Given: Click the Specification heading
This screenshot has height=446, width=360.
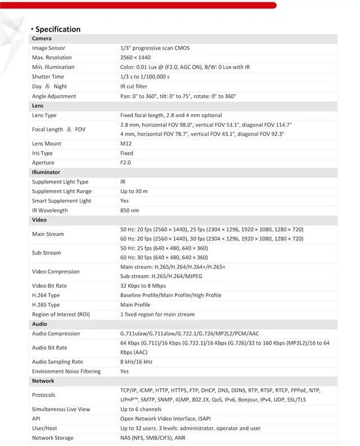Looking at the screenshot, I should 57,29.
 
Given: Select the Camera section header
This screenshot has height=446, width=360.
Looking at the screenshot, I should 42,39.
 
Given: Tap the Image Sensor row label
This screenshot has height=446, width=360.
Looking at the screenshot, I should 48,48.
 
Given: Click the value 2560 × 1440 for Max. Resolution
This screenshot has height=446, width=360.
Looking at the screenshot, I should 136,58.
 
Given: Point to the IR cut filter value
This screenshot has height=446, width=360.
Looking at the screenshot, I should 134,87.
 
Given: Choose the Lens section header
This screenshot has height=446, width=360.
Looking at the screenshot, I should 38,106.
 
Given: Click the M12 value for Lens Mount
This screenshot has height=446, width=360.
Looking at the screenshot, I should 126,144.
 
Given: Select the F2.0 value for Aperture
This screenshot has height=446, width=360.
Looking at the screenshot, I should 126,163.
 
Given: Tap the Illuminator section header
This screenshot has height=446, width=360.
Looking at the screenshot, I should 46,172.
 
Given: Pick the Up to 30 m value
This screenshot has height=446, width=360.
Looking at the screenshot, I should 134,191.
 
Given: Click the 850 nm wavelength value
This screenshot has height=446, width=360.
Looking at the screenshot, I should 129,211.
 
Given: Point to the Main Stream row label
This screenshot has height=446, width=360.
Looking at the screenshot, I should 48,234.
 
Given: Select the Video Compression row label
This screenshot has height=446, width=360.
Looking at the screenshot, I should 56,271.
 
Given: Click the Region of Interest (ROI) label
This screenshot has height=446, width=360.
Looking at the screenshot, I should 61,315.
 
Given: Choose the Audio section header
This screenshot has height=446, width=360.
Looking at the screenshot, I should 39,324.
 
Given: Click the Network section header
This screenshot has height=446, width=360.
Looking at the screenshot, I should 43,381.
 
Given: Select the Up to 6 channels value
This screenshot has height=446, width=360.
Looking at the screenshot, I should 141,409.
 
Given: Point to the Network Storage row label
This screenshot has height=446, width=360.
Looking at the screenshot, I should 53,438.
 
